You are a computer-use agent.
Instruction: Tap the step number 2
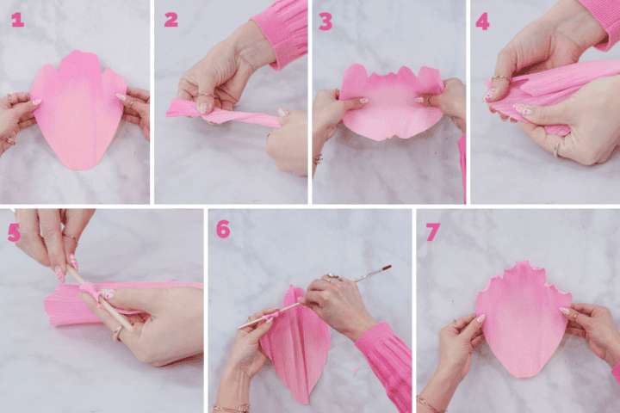coord(170,20)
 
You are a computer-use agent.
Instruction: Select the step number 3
coord(325,21)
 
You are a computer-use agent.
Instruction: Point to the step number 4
coord(482,21)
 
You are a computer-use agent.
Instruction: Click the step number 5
coord(14,231)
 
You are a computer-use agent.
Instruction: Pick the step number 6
coord(223,229)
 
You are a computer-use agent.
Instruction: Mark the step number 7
coord(432,231)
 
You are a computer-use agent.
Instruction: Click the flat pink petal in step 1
coord(77,112)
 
